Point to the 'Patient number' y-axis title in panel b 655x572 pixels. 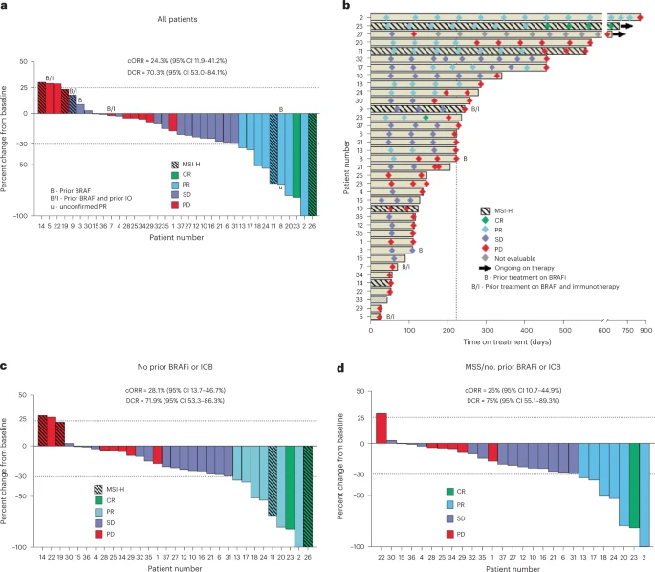[347, 163]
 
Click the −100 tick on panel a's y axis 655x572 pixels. [16, 216]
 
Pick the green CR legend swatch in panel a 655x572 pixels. [174, 173]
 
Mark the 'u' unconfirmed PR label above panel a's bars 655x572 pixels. [280, 187]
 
